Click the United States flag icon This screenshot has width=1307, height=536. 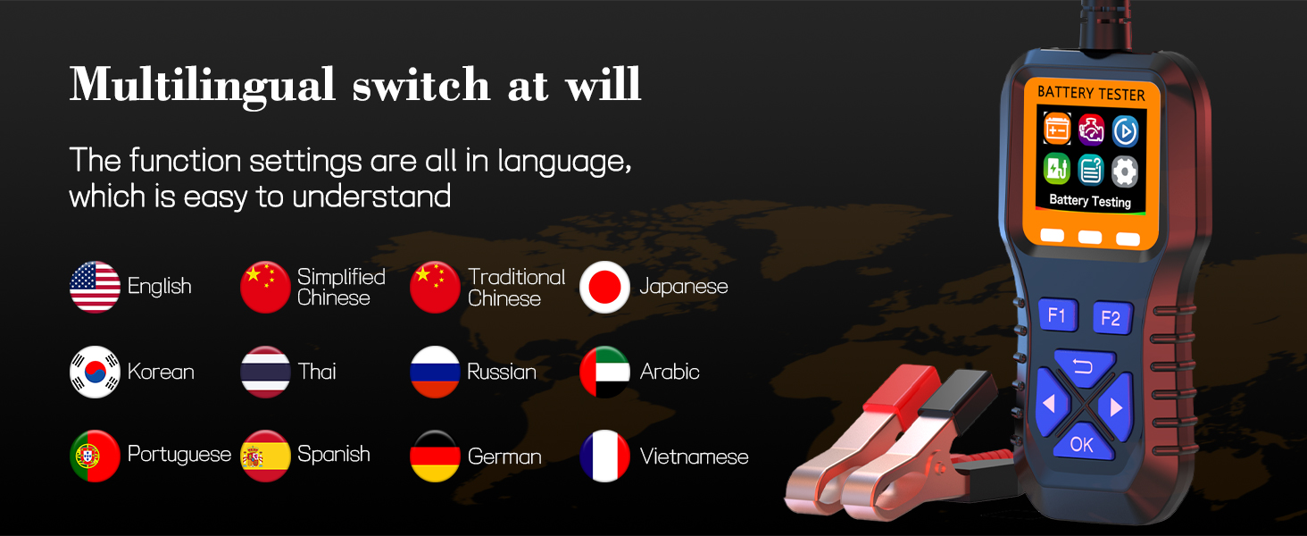[96, 287]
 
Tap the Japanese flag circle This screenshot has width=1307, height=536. [604, 287]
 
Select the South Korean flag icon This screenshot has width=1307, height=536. [96, 372]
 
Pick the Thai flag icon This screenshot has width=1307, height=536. [265, 372]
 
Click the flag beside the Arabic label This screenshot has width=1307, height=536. [604, 372]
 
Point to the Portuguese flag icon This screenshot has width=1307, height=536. [96, 456]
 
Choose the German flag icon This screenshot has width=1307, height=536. [436, 456]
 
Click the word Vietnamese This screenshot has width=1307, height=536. [694, 456]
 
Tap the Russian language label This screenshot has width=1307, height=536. [502, 372]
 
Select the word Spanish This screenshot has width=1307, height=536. [334, 455]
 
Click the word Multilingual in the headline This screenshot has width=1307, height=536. [203, 86]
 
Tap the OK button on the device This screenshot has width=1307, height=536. [1082, 445]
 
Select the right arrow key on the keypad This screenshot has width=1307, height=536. [1116, 406]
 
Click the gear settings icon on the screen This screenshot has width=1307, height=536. [1124, 172]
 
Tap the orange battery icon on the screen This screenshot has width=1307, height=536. [1057, 129]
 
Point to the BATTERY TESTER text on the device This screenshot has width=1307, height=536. [1091, 94]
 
